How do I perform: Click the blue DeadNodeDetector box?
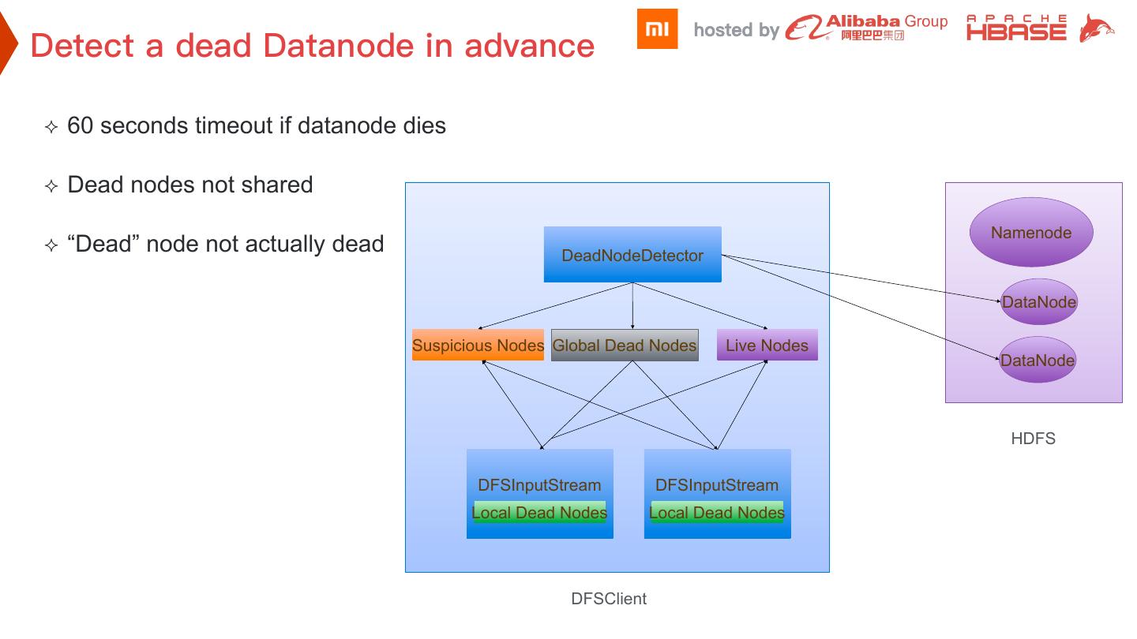tap(632, 255)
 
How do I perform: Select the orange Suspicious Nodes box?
tap(478, 346)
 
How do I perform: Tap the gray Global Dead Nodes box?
tap(625, 346)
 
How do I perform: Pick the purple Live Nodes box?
tap(767, 346)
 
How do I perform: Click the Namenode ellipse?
tap(1031, 233)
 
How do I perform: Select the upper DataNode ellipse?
tap(1039, 302)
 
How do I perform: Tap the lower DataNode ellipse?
tap(1038, 361)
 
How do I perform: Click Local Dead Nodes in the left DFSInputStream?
tap(539, 512)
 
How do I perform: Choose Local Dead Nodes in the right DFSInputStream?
tap(717, 512)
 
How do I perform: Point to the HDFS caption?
tap(1033, 439)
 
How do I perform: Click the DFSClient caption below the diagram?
tap(609, 599)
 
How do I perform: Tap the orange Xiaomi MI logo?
tap(657, 29)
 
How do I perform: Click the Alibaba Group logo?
tap(866, 28)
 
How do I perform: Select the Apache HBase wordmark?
tap(1016, 28)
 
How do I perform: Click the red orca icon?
tap(1097, 30)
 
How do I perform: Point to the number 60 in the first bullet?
tap(81, 125)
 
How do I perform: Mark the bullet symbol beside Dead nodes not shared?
tap(51, 186)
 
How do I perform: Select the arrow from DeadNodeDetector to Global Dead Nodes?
tap(632, 306)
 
